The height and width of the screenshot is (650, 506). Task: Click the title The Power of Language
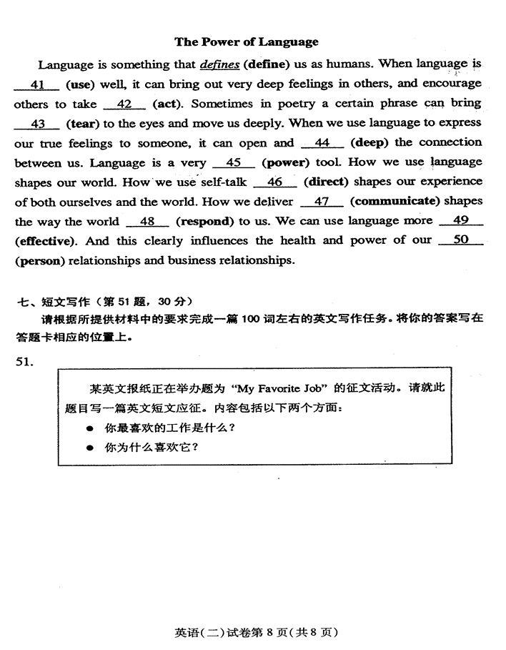247,41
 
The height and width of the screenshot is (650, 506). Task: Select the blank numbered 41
37,85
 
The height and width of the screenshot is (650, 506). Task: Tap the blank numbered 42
124,104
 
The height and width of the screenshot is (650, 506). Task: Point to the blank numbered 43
39,124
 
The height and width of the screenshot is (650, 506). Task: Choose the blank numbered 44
322,143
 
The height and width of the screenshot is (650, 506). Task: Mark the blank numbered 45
233,162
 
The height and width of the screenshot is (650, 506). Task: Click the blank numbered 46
274,182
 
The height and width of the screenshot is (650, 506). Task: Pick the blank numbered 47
322,202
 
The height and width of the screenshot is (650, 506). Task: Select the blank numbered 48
147,222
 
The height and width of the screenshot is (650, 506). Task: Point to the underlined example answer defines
219,65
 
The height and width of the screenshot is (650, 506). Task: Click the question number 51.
24,362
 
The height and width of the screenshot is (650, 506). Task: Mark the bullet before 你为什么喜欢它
90,448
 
